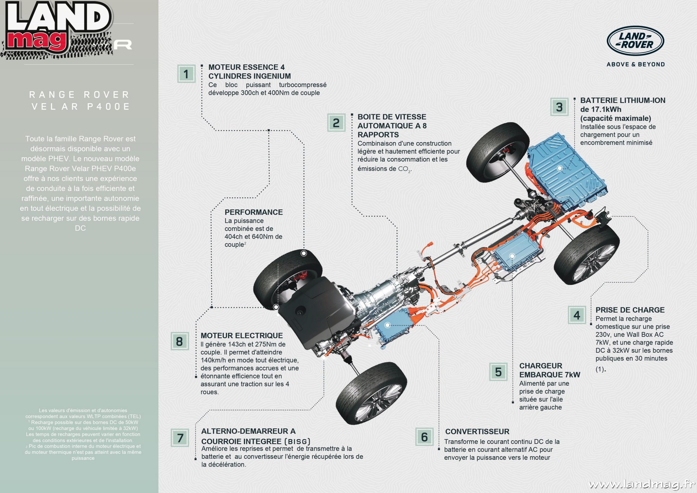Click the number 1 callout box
click(x=186, y=74)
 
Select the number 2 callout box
click(x=336, y=123)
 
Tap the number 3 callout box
click(x=559, y=107)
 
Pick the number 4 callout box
click(x=577, y=315)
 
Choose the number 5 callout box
click(x=498, y=372)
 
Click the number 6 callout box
click(x=424, y=437)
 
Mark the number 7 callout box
click(x=180, y=438)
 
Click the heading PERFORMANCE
click(x=253, y=212)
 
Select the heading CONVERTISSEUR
click(x=477, y=431)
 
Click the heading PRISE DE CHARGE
click(x=630, y=310)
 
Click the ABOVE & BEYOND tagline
click(x=636, y=64)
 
